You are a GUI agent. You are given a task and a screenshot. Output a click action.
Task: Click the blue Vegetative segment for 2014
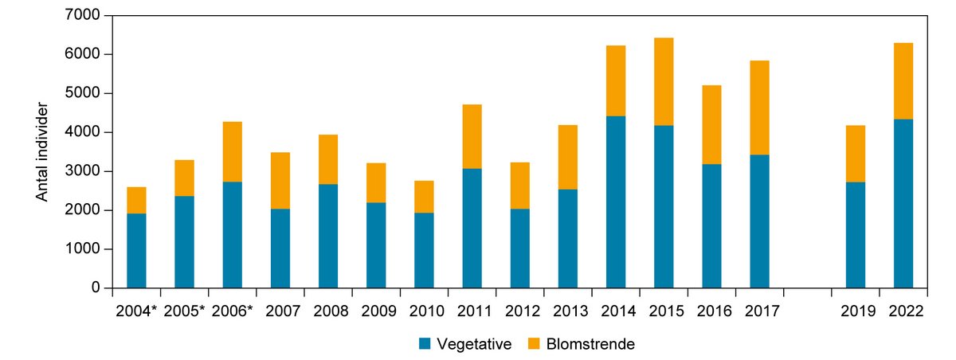[616, 202]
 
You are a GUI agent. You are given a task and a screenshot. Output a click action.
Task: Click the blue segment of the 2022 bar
[903, 203]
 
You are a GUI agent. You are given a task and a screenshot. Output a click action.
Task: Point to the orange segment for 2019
[855, 154]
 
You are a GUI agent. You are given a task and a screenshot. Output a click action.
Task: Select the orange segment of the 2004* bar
[136, 200]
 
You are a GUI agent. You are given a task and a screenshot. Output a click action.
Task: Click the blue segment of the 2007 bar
[280, 248]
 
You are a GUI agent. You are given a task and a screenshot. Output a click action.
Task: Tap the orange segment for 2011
[472, 136]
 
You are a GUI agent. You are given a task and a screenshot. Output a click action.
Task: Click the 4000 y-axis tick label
[84, 132]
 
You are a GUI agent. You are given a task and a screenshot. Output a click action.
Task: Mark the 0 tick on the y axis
[95, 288]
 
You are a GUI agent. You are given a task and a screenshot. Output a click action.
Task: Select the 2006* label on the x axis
[232, 310]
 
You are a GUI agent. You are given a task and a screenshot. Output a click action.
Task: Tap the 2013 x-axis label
[568, 310]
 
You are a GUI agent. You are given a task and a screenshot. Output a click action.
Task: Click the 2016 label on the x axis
[711, 310]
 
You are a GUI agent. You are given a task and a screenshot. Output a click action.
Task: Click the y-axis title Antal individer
[43, 151]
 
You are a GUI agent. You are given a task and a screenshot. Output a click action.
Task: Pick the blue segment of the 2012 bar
[519, 248]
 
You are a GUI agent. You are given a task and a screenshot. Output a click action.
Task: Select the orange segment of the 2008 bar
[328, 159]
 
